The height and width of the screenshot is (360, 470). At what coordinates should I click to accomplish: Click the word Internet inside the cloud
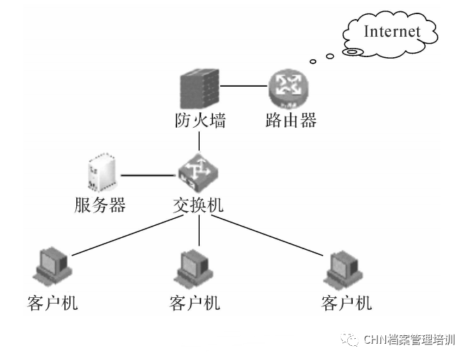coord(392,32)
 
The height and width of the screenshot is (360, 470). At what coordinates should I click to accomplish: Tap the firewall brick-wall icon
coord(200,89)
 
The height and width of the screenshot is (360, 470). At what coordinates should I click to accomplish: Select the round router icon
coord(289,88)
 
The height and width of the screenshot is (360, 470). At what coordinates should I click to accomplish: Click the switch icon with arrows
coord(198,173)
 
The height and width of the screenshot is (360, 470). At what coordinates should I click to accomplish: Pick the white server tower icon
coord(102,172)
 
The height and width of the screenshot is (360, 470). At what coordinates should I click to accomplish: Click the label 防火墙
coord(200,121)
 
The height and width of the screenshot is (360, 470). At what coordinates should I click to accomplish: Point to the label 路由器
coord(291,121)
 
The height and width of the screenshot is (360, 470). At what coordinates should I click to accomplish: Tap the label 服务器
coord(100,205)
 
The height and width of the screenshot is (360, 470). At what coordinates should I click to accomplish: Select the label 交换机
coord(198,205)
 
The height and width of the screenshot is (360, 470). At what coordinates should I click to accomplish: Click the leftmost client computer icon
coord(52,266)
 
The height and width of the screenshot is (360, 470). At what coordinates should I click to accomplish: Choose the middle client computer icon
coord(193,269)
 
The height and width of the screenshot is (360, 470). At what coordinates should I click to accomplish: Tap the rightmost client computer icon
coord(344,270)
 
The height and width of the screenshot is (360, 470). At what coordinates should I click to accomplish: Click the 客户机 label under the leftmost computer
coord(52,303)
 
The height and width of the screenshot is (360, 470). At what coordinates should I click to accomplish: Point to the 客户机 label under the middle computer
coord(195,303)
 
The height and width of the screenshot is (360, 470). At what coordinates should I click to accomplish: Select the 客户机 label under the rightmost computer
coord(347,303)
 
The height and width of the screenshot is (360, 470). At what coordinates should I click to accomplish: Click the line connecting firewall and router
coord(243,86)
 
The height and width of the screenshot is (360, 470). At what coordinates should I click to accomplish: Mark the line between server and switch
coord(148,175)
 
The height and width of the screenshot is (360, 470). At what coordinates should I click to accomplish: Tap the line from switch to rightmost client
coord(267,235)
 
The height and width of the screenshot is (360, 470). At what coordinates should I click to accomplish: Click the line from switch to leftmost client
coord(128,235)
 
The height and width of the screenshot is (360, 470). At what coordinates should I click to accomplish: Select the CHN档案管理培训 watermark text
coord(409,340)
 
